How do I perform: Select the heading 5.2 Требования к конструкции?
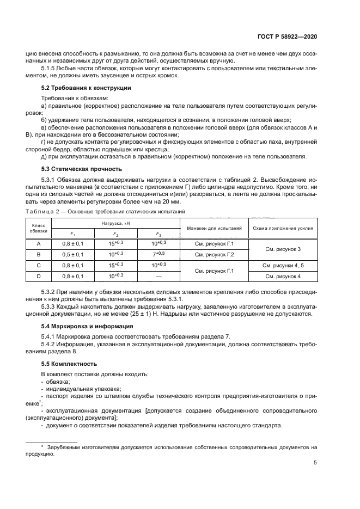point(87,88)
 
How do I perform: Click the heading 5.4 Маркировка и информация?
point(88,326)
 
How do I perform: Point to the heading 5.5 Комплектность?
point(70,363)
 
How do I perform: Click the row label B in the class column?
point(39,254)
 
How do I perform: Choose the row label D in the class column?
point(39,277)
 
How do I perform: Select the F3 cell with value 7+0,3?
point(158,254)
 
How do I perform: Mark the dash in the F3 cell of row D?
point(158,277)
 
